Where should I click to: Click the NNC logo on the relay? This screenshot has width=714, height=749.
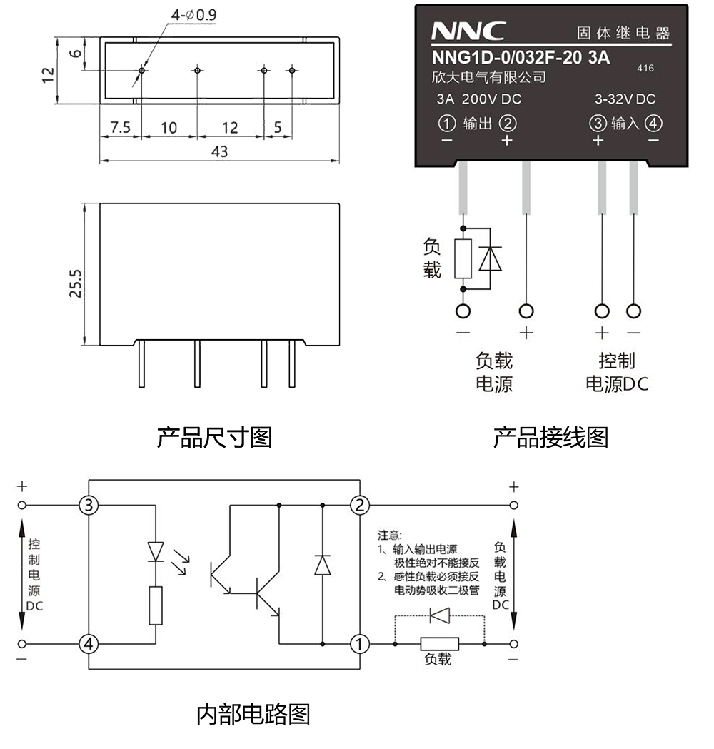tap(468, 31)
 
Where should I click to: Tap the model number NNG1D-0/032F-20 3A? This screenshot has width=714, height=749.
tap(521, 59)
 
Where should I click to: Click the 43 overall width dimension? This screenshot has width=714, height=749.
tap(220, 151)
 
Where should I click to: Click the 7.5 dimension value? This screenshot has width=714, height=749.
tap(120, 128)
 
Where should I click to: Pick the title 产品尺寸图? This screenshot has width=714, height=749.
tap(214, 437)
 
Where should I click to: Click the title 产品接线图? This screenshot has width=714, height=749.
tap(550, 437)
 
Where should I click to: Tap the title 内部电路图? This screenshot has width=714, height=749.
tap(253, 714)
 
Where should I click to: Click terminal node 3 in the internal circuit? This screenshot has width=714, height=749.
tap(89, 506)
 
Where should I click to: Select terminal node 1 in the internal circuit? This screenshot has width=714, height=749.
tap(360, 644)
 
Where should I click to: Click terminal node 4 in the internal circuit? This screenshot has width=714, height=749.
tap(89, 644)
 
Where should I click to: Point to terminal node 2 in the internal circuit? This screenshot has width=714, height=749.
tap(360, 506)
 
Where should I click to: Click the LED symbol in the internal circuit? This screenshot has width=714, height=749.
tap(155, 551)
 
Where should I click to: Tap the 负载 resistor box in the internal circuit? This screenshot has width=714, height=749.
tap(439, 644)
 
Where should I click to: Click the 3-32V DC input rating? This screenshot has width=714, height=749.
tap(625, 99)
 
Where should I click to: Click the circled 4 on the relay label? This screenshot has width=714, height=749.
tap(653, 124)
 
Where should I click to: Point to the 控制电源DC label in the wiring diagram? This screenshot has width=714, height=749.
tap(617, 372)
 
